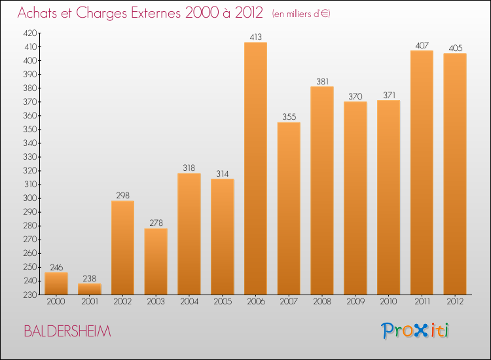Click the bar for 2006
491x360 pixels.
pos(255,168)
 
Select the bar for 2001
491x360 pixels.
pos(89,289)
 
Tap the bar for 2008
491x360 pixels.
pos(321,190)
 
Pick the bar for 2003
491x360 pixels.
pos(156,261)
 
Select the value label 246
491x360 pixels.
pos(56,267)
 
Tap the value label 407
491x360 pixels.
pos(422,46)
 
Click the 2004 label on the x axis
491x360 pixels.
pos(189,302)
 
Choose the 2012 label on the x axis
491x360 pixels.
pos(455,302)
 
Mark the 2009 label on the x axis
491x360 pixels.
pos(355,302)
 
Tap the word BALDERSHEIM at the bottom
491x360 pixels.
pos(67,331)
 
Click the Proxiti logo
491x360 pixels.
pos(416,331)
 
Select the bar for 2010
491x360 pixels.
pos(388,197)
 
